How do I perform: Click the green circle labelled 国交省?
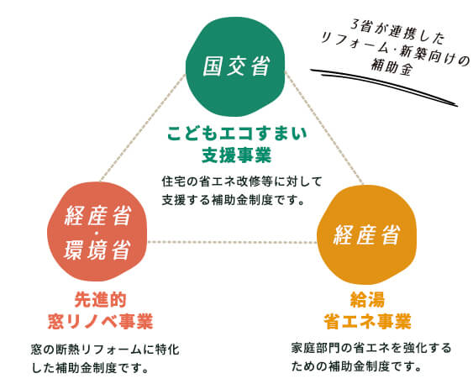(x=235, y=66)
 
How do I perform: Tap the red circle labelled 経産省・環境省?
(x=97, y=231)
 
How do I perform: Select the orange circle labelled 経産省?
(x=367, y=234)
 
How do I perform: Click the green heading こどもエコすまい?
(x=237, y=134)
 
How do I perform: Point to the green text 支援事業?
(x=237, y=155)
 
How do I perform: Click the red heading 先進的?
(x=101, y=299)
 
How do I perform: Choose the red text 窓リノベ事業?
(x=101, y=321)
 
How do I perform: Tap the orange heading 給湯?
(x=367, y=299)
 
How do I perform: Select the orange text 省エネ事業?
(x=367, y=321)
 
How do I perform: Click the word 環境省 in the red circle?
(x=97, y=250)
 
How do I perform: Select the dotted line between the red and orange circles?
(x=232, y=242)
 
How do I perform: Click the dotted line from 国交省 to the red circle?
(x=143, y=128)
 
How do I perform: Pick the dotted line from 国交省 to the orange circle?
(x=324, y=128)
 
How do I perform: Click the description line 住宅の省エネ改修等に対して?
(x=242, y=181)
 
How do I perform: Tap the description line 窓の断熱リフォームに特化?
(x=105, y=350)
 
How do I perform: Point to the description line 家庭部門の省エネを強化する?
(x=371, y=348)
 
